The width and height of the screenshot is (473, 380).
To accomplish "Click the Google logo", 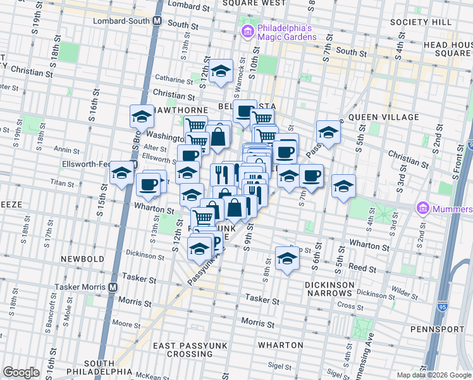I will (x=21, y=372).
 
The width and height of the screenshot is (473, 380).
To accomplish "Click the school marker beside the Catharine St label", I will (x=221, y=72).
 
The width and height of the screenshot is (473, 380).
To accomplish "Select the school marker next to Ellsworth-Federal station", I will (x=121, y=172).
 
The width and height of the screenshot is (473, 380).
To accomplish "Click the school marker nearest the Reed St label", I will (x=287, y=258).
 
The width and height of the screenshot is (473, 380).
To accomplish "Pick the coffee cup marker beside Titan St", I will (x=149, y=184).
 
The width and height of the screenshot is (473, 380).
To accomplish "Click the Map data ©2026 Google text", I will (x=434, y=374).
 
